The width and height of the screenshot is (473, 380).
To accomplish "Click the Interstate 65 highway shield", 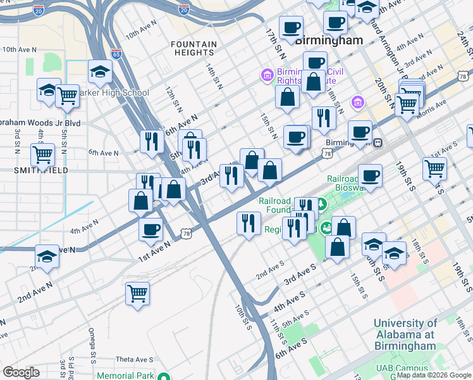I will coord(116,53).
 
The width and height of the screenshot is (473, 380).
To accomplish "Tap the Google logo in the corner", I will coord(21,372).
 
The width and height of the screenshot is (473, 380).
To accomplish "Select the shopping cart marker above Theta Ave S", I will coord(137,293).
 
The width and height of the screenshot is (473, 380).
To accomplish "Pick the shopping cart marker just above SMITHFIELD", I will coord(43,153).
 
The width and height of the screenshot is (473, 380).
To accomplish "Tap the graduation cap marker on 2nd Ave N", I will coord(47,256).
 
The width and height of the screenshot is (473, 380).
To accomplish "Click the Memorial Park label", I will coord(125,376).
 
